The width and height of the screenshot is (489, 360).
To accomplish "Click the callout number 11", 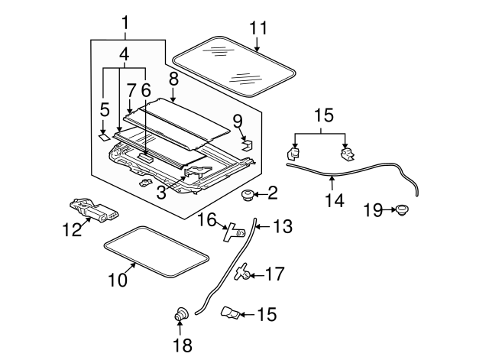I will click(x=259, y=28).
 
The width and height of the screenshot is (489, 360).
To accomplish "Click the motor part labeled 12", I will click(x=92, y=208).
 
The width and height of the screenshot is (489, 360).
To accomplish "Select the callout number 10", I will click(x=117, y=281).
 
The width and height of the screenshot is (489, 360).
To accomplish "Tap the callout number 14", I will click(x=334, y=201).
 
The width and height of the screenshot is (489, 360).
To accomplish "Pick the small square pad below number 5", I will click(x=103, y=138).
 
